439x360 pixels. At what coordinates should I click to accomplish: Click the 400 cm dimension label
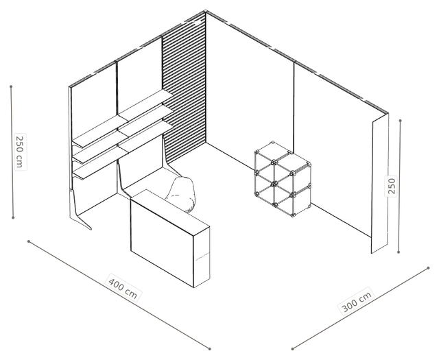tap(123, 288)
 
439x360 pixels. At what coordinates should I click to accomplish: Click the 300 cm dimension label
tap(357, 301)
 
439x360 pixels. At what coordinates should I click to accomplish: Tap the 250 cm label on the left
tap(19, 152)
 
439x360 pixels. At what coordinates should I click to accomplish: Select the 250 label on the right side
tap(392, 186)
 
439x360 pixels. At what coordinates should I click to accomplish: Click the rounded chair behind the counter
tap(180, 194)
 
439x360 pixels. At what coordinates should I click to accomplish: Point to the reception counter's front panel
tap(162, 239)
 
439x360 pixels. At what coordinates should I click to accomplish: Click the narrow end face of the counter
tap(202, 256)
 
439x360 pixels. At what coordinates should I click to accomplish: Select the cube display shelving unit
tap(283, 180)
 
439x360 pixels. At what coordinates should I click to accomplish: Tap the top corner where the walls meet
tap(206, 11)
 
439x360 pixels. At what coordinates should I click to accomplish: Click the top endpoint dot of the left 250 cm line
tap(11, 86)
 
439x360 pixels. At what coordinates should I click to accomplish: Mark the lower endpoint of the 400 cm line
tap(210, 349)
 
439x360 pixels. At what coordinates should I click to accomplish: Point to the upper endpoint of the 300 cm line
tap(428, 268)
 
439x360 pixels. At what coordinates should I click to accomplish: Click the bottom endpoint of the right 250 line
tap(399, 252)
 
